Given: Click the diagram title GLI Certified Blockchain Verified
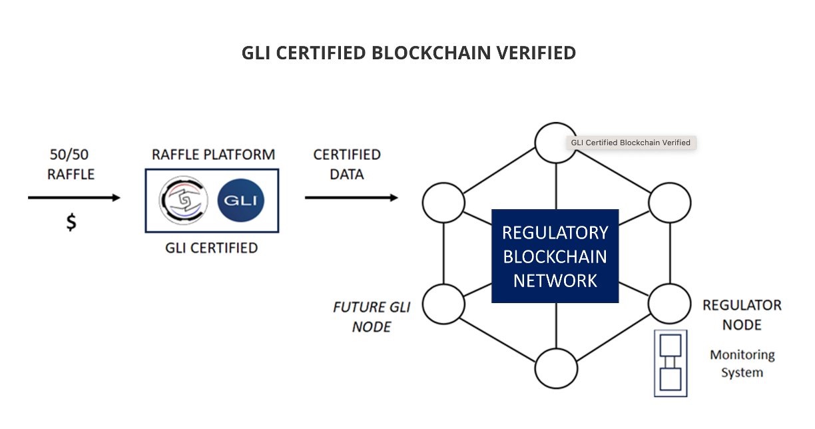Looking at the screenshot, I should pyautogui.click(x=408, y=53).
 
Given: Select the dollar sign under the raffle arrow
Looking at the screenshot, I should pyautogui.click(x=71, y=222).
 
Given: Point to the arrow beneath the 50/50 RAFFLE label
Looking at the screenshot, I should pyautogui.click(x=74, y=198).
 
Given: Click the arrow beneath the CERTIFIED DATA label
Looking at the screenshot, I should pyautogui.click(x=351, y=198).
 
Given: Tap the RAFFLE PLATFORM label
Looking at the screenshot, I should pyautogui.click(x=213, y=155).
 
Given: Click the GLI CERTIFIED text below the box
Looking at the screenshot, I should pyautogui.click(x=211, y=248).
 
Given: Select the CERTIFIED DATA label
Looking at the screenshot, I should pyautogui.click(x=347, y=164).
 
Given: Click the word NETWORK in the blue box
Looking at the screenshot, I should pyautogui.click(x=555, y=280).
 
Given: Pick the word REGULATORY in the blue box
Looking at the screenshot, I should pyautogui.click(x=555, y=232).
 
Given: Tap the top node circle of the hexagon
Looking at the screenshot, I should pyautogui.click(x=556, y=143).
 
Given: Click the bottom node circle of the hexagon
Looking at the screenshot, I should pyautogui.click(x=556, y=367).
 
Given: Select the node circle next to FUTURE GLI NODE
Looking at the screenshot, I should pyautogui.click(x=444, y=303).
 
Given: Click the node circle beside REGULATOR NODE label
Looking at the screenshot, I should pyautogui.click(x=669, y=303).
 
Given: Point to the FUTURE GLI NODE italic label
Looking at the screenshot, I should pyautogui.click(x=372, y=317).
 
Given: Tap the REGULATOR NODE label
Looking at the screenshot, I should pyautogui.click(x=742, y=315).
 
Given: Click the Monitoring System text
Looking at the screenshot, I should pyautogui.click(x=742, y=364).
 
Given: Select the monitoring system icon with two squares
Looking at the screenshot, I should pyautogui.click(x=670, y=363).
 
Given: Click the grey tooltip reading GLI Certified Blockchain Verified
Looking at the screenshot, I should pyautogui.click(x=631, y=143).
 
